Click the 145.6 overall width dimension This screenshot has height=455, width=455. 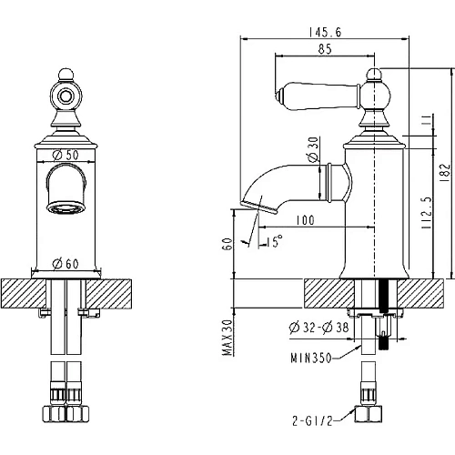[325, 32]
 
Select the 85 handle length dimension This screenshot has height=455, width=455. [325, 49]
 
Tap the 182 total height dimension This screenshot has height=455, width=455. [446, 173]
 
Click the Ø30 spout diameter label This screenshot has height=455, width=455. [313, 149]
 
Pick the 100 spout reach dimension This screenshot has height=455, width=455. [305, 220]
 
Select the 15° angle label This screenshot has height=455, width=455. [275, 241]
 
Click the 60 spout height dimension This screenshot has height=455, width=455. [228, 244]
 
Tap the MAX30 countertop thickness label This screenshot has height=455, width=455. [227, 338]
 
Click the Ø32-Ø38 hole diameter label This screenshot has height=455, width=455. [318, 328]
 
